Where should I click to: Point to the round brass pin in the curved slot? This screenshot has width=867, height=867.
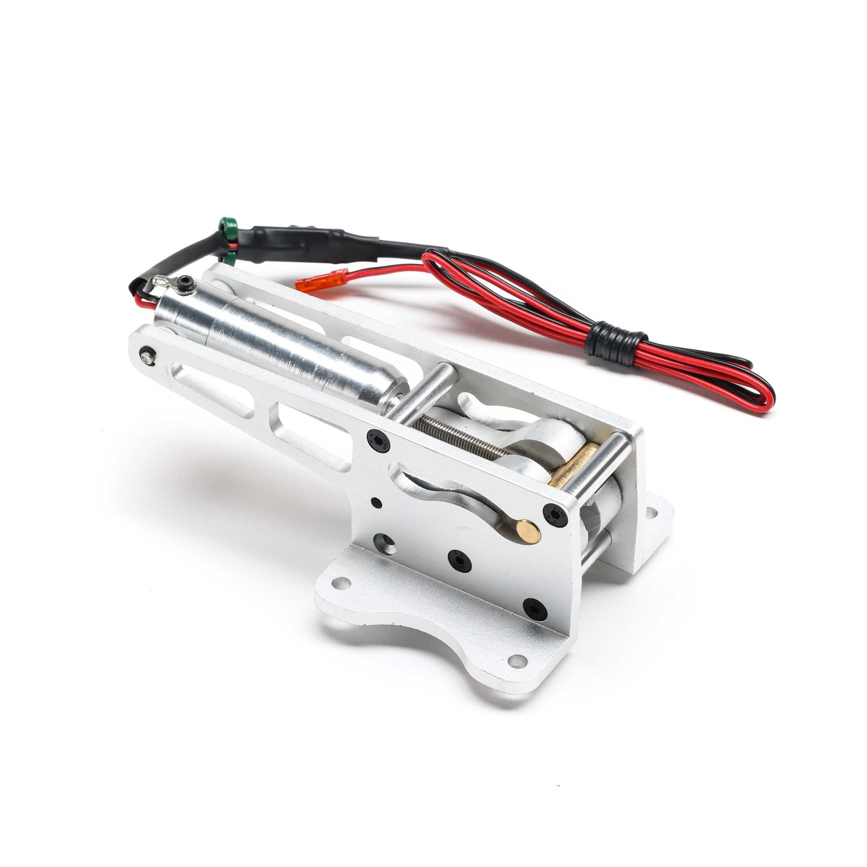click(528, 531)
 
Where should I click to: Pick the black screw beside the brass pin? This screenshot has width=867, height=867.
click(556, 514)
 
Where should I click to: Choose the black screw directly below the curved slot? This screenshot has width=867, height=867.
click(460, 560)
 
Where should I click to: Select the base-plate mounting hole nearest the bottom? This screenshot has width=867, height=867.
click(518, 660)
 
